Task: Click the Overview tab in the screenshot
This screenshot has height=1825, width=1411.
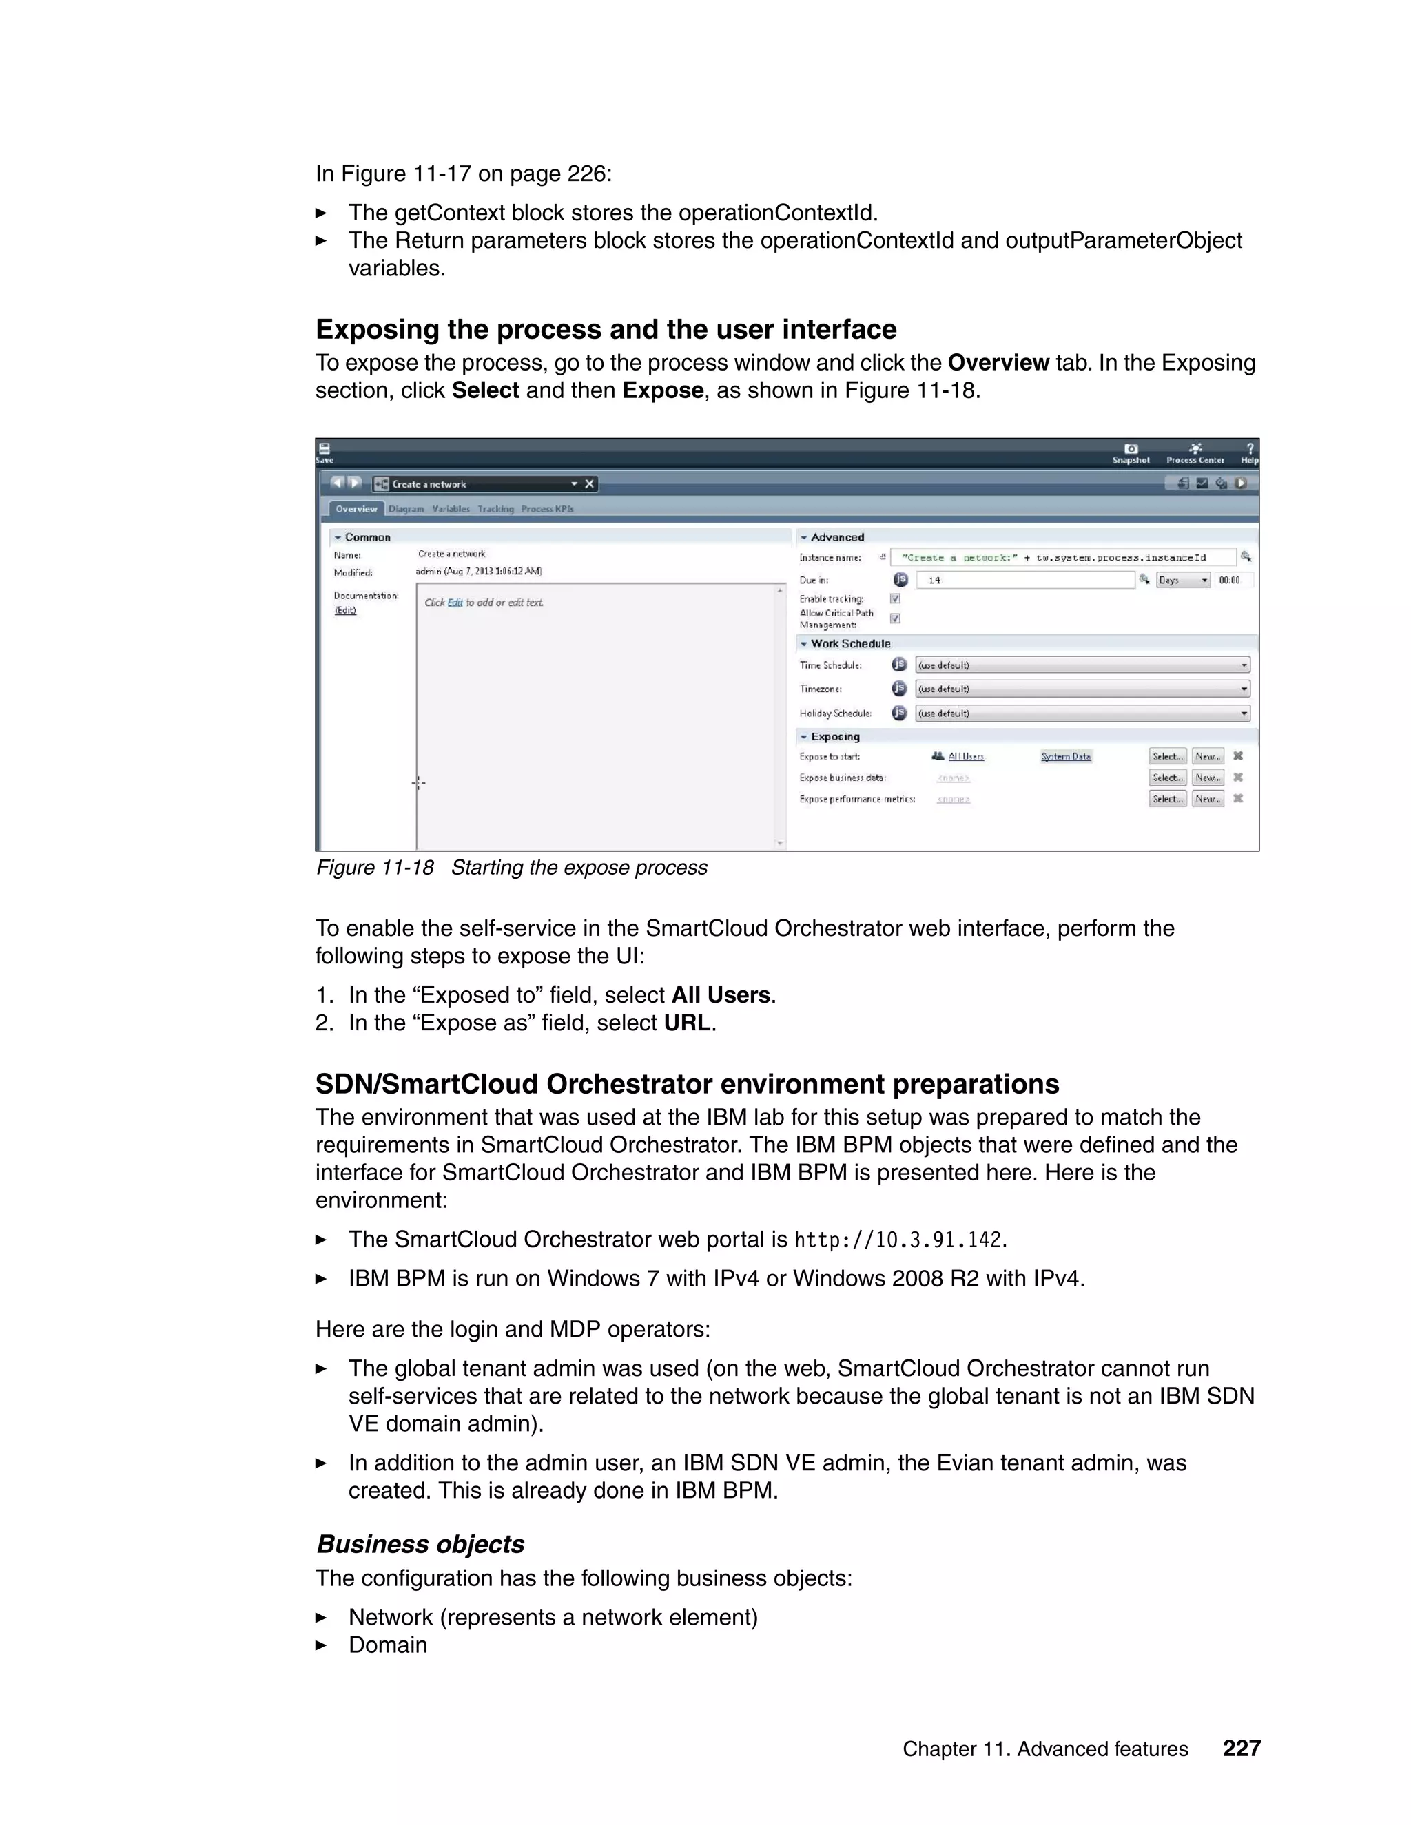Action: (x=356, y=509)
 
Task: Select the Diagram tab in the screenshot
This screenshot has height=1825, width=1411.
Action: (x=406, y=509)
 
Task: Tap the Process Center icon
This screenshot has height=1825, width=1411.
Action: (x=1195, y=453)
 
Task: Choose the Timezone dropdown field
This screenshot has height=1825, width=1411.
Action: (x=1082, y=689)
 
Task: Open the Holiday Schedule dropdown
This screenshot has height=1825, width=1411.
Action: (x=1082, y=713)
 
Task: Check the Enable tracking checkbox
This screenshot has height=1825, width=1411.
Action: (x=895, y=598)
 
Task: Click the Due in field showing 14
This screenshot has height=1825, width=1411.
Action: (x=1024, y=580)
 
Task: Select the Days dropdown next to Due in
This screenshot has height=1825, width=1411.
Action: (x=1183, y=580)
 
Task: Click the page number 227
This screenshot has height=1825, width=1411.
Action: (x=1242, y=1748)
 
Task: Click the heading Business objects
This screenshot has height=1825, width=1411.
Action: (x=420, y=1544)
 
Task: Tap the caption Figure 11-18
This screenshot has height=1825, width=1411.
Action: (x=375, y=867)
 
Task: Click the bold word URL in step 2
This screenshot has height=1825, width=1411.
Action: (x=687, y=1023)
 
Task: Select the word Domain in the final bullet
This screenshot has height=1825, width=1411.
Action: (x=388, y=1645)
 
